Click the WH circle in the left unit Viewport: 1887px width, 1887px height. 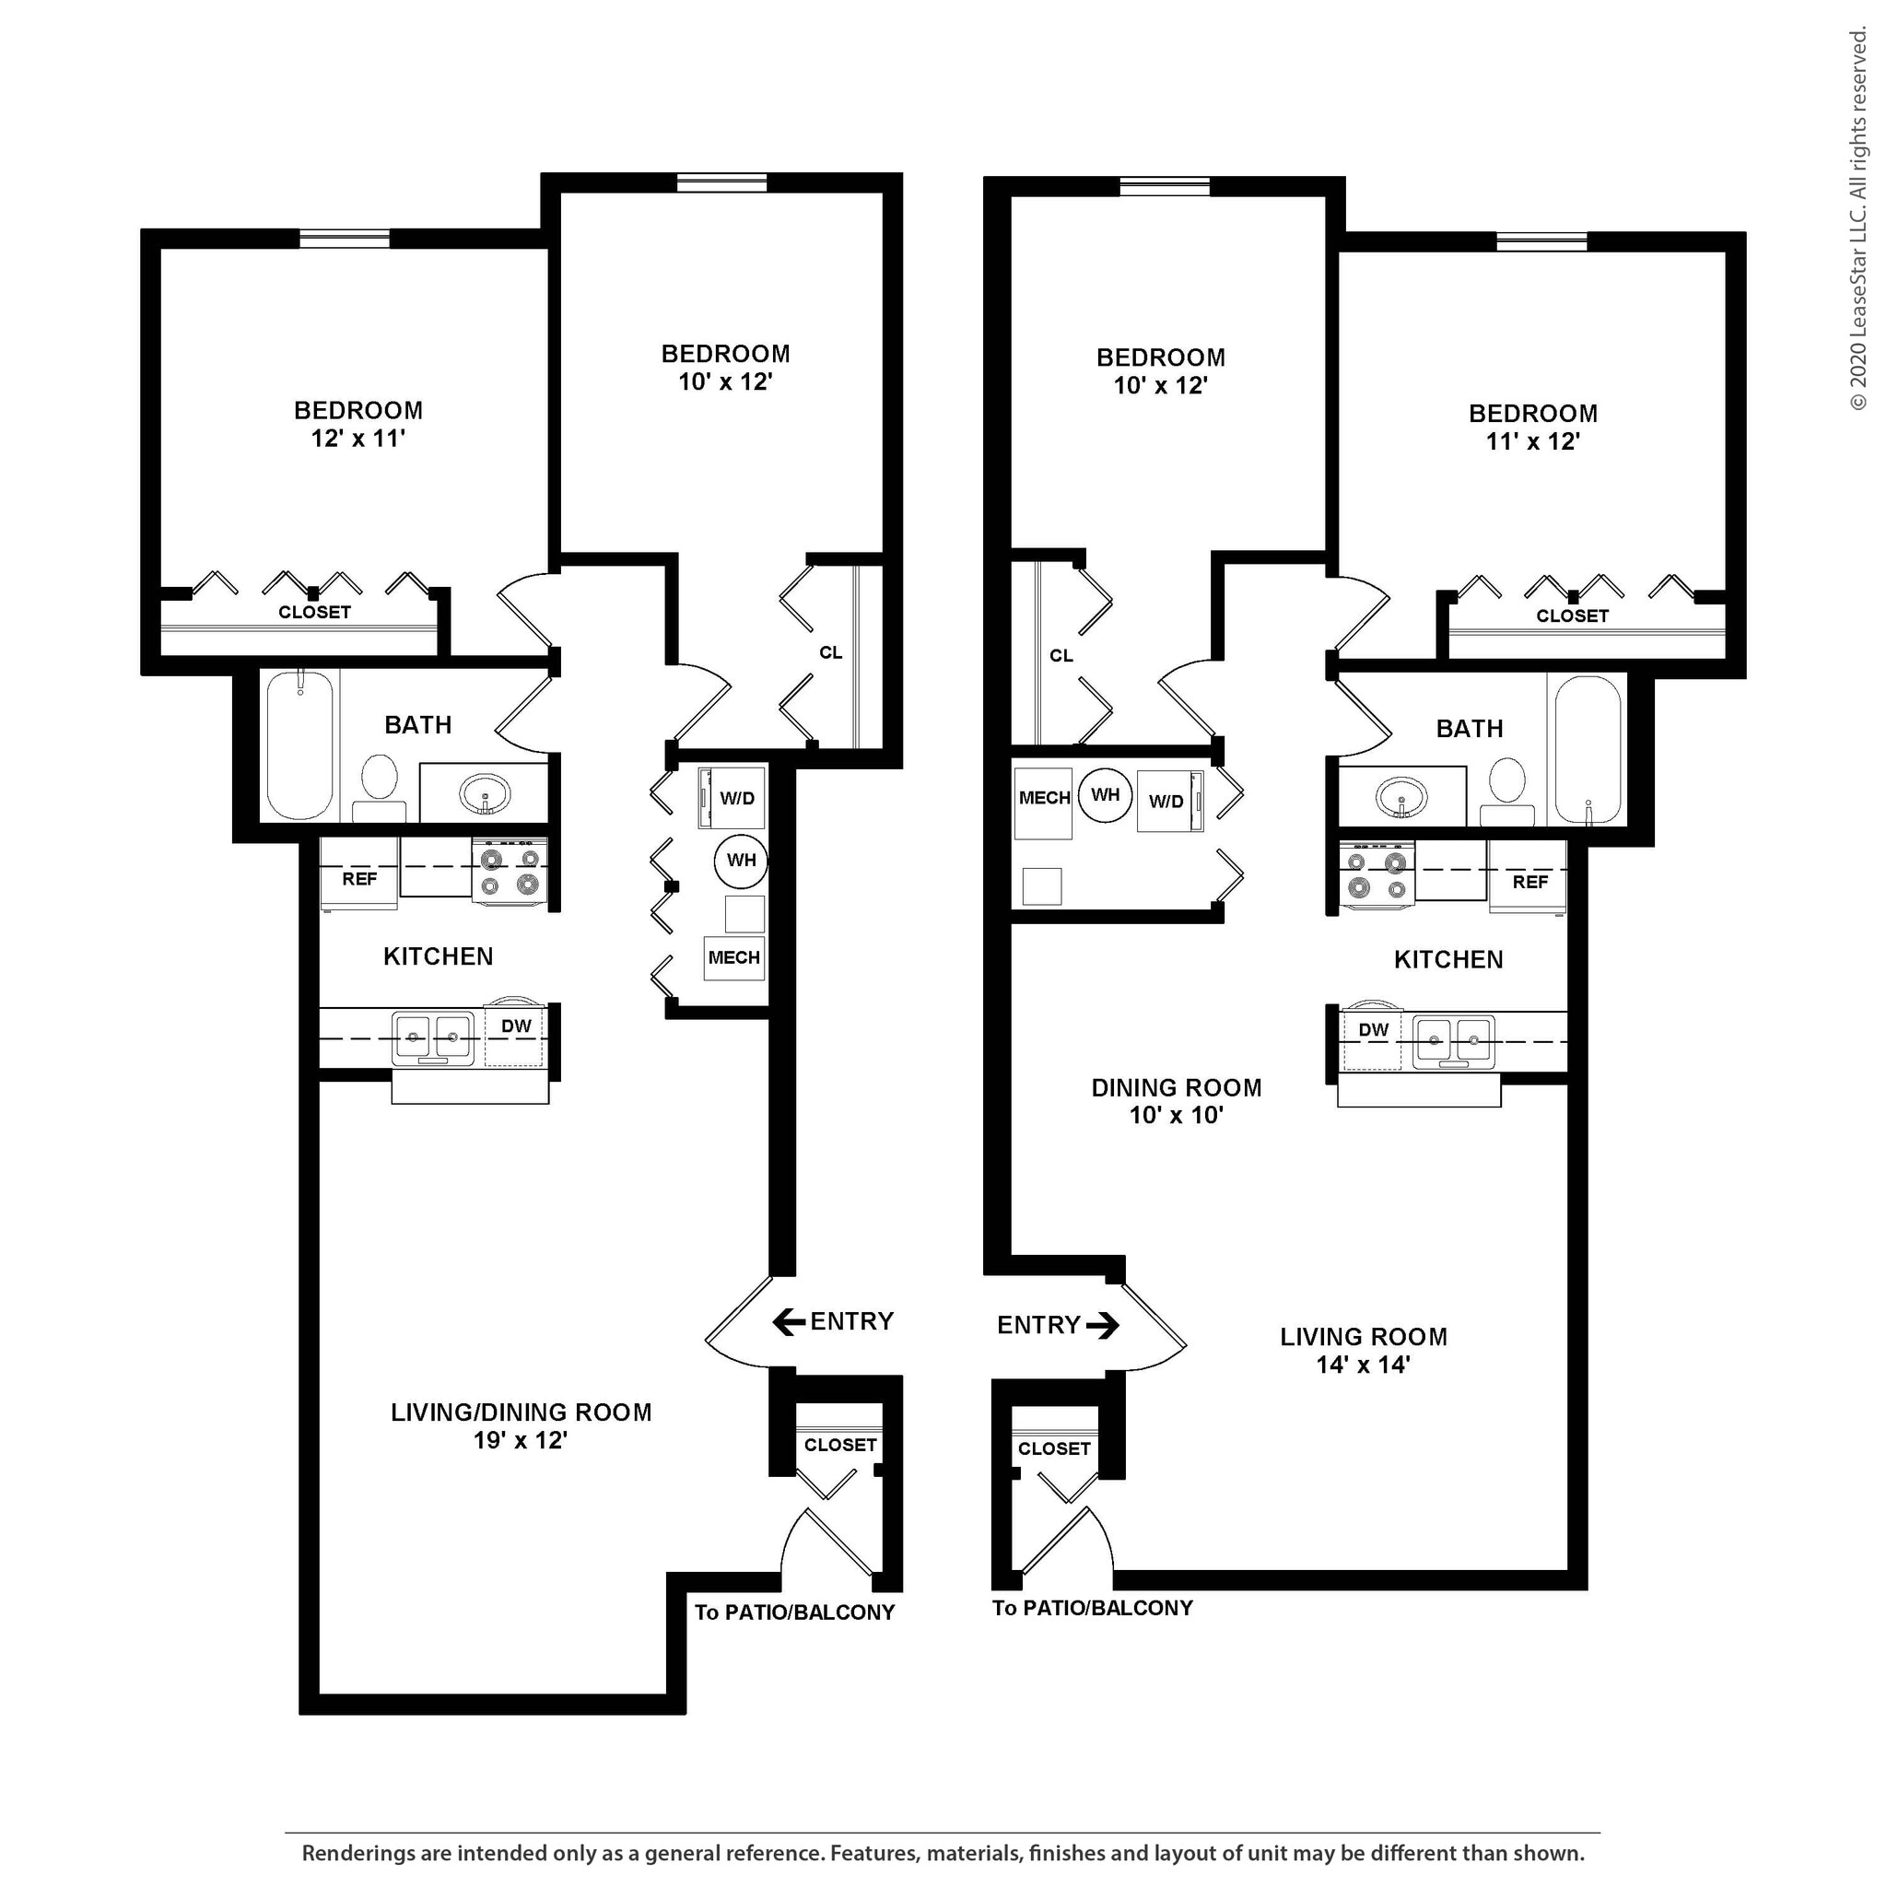coord(742,861)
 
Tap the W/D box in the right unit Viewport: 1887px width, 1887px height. coord(1167,802)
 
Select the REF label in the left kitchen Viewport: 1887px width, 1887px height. coord(358,879)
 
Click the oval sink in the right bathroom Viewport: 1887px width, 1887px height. coord(1401,800)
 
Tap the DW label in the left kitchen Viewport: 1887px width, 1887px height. coord(516,1026)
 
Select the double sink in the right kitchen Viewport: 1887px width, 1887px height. coord(1454,1041)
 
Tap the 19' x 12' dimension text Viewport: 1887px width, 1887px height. coord(521,1441)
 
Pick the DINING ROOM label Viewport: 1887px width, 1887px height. coord(1176,1088)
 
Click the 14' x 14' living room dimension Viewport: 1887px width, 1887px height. coord(1363,1365)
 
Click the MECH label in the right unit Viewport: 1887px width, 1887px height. coord(1044,798)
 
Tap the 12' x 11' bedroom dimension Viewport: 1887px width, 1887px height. coord(357,439)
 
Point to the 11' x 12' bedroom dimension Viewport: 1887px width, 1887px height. coord(1532,441)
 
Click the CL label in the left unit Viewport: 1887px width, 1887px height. coord(830,652)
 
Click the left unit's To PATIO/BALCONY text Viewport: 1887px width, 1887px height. coord(794,1612)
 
